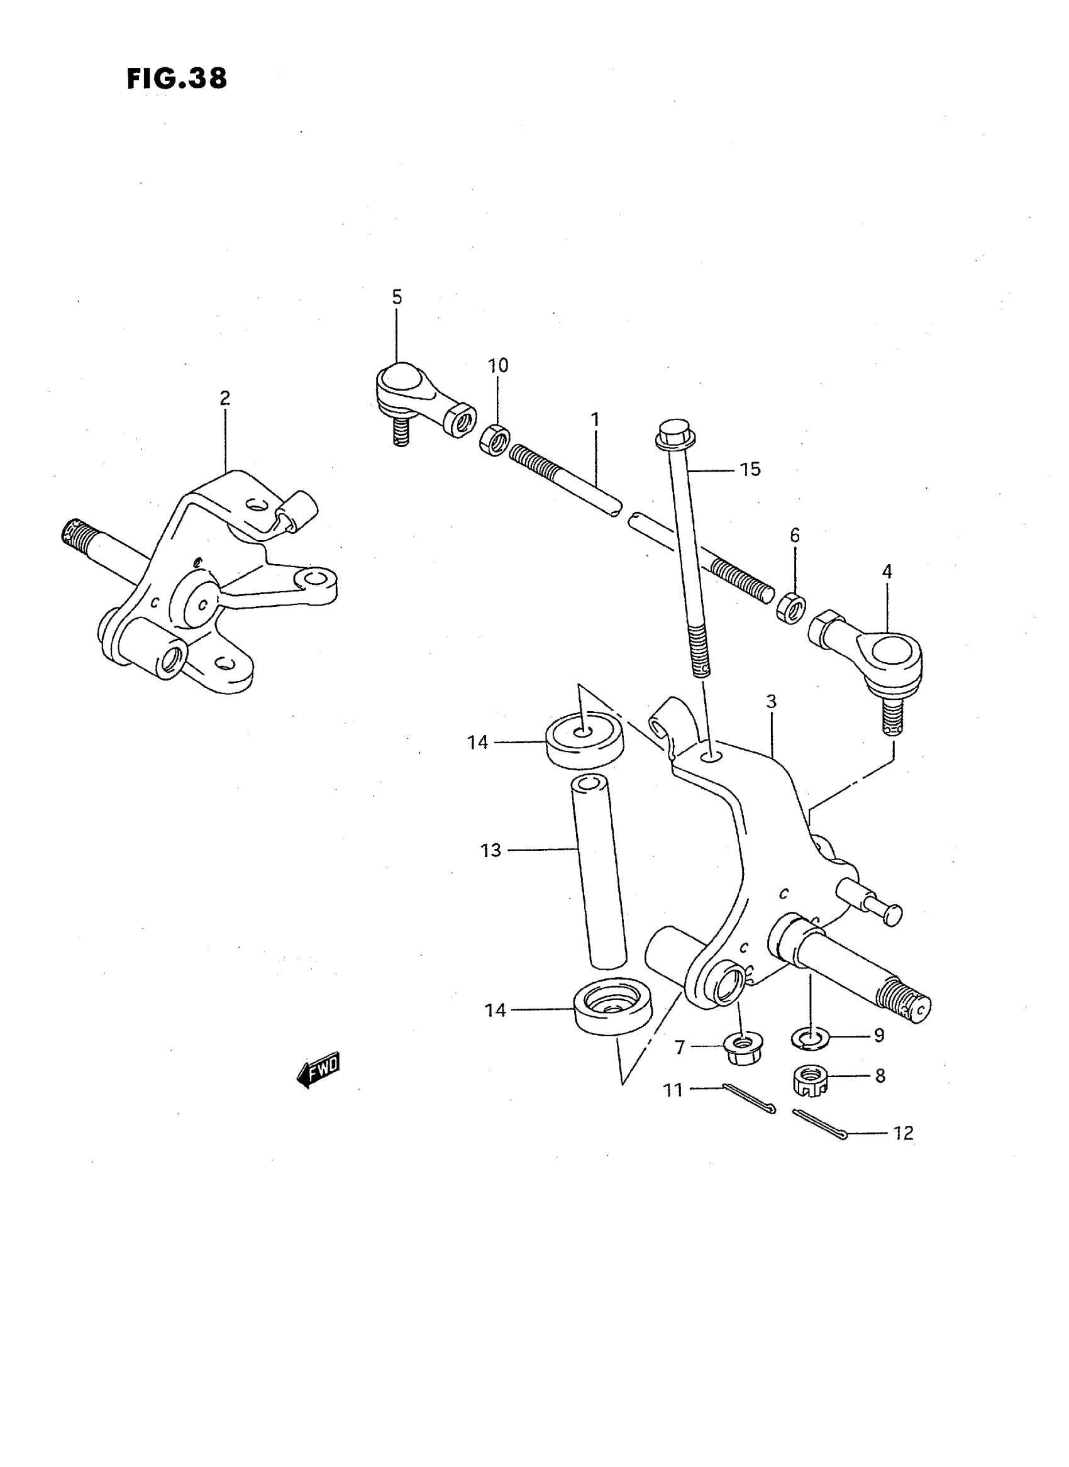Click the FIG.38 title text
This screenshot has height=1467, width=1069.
[x=177, y=79]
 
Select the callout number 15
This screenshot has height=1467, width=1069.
[x=750, y=469]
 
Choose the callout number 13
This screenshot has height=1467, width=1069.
[x=490, y=850]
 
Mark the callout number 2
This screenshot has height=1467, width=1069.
[x=224, y=398]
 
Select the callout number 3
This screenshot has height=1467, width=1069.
[x=771, y=701]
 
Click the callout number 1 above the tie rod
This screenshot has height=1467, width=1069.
[x=595, y=420]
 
